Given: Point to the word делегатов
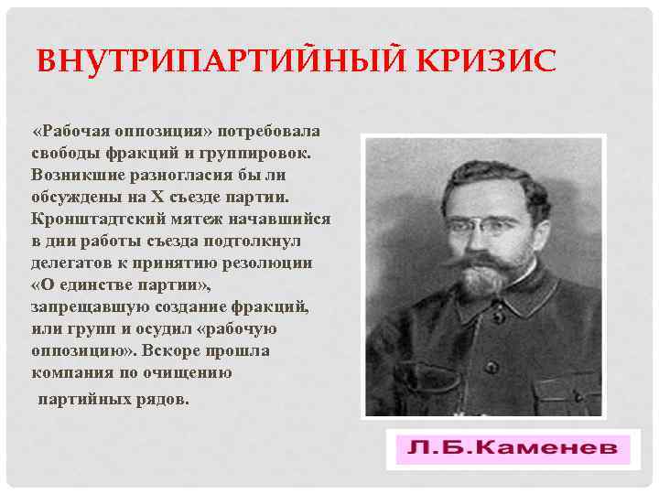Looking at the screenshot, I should (x=72, y=263).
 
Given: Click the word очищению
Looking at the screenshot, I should (x=190, y=373).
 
